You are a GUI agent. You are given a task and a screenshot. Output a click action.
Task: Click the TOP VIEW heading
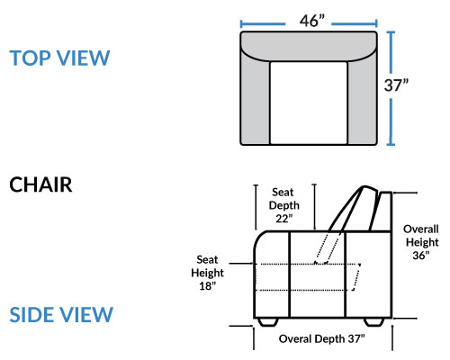point(59,58)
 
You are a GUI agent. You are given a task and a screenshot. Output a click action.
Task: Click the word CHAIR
point(40,184)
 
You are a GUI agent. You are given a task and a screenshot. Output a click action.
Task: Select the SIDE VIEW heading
point(61,315)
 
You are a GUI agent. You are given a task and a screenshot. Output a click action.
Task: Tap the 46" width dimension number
point(312,21)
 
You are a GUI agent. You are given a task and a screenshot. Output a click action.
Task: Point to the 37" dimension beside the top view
point(396,85)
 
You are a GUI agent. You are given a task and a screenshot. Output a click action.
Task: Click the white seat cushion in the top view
point(309,103)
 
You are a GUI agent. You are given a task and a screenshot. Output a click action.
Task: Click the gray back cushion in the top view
point(309,45)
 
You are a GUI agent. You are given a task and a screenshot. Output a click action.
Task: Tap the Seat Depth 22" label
point(283,205)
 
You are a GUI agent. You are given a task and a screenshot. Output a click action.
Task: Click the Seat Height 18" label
point(207,273)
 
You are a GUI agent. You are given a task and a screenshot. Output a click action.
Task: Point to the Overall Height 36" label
point(421,242)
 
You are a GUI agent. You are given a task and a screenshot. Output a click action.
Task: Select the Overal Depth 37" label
point(321,338)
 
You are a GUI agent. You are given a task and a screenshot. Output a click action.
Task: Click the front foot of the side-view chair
point(267,322)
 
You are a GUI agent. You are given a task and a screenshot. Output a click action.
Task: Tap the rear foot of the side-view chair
point(374,322)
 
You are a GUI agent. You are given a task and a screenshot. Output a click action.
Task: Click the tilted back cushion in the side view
point(354,209)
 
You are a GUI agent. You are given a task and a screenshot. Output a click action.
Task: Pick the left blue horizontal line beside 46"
point(263,23)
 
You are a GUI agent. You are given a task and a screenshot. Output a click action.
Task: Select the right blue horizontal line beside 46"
point(355,23)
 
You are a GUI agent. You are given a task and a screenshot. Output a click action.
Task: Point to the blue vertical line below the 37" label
point(391,122)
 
